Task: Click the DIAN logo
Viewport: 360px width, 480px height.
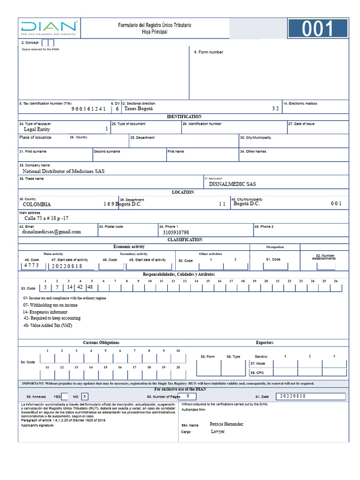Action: point(49,29)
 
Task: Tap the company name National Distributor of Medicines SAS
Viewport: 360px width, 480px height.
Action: point(63,171)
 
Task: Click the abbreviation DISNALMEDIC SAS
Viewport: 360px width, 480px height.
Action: point(232,184)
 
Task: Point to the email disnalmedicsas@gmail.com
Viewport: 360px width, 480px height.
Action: point(51,232)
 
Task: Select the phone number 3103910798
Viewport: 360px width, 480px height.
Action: point(176,232)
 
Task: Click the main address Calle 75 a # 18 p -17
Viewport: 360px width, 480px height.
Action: point(46,218)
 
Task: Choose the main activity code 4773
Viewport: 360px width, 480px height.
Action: point(32,266)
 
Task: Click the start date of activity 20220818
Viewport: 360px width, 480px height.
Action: point(67,266)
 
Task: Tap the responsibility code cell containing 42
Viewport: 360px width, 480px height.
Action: point(80,287)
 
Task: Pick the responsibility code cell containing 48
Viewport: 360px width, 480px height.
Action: point(90,287)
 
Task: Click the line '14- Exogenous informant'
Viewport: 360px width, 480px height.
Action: point(45,312)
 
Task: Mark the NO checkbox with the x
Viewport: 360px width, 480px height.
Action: point(84,396)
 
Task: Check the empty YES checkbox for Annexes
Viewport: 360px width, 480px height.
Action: point(65,396)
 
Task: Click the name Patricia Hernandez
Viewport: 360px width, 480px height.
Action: point(226,424)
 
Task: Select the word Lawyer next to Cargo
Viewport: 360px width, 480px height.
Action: point(217,431)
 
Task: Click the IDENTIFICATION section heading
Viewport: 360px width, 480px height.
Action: point(184,117)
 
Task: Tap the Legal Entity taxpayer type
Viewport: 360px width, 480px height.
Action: point(37,129)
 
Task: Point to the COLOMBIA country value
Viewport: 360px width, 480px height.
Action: point(37,204)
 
